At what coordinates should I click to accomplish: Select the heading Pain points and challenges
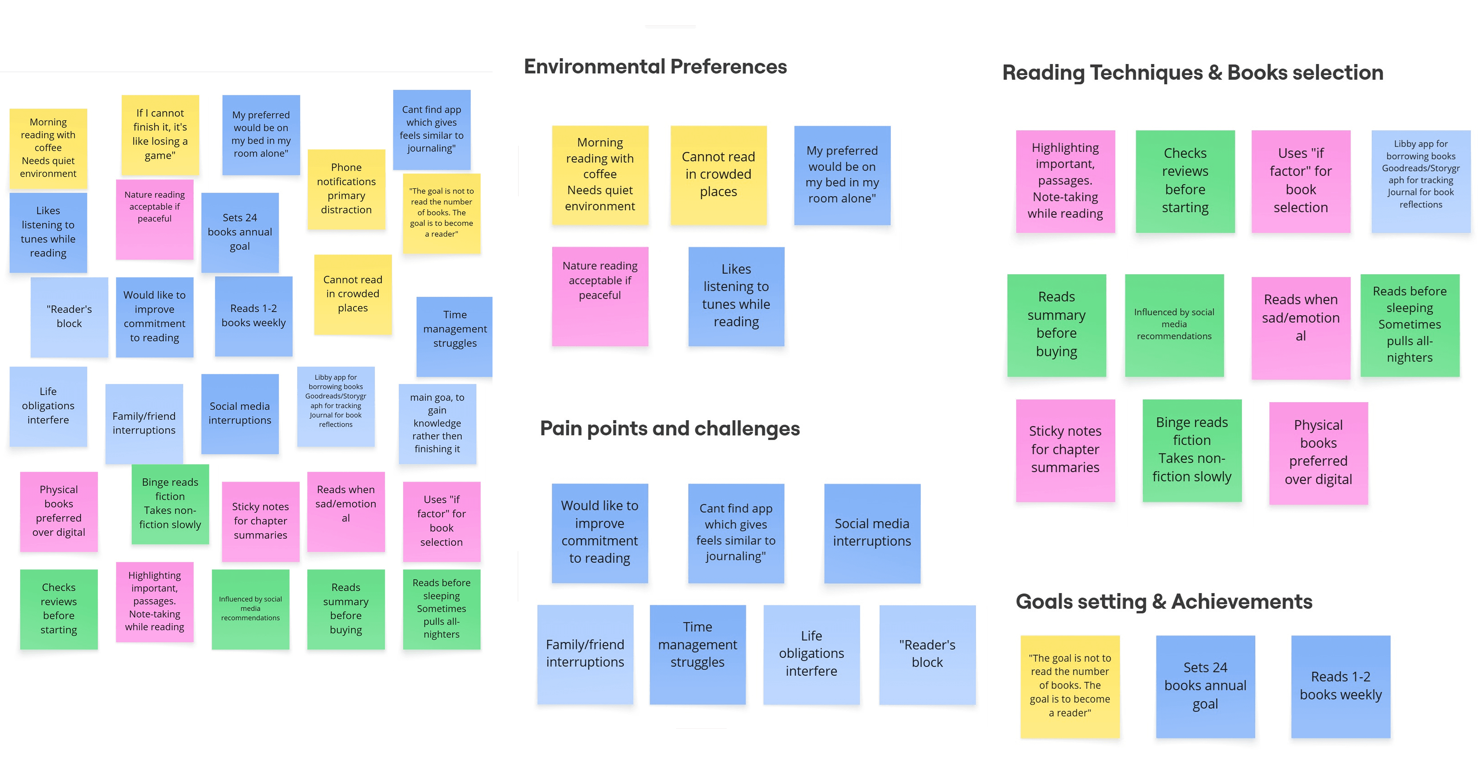[670, 429]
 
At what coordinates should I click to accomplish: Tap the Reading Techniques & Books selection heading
[1193, 73]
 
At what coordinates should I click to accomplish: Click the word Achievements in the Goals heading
[1242, 602]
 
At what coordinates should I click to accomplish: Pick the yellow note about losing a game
[160, 135]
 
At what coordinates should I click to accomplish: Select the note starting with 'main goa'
[437, 423]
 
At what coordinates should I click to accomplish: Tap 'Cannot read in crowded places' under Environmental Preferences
[719, 174]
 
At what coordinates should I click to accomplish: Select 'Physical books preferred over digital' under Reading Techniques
[1318, 453]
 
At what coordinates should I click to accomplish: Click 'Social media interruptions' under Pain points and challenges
[872, 533]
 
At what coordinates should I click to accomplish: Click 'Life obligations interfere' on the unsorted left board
[48, 406]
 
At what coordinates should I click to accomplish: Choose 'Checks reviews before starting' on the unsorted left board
[59, 609]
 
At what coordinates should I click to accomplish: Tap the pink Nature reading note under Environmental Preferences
[600, 296]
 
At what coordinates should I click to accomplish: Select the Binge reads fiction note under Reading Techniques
[1192, 450]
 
